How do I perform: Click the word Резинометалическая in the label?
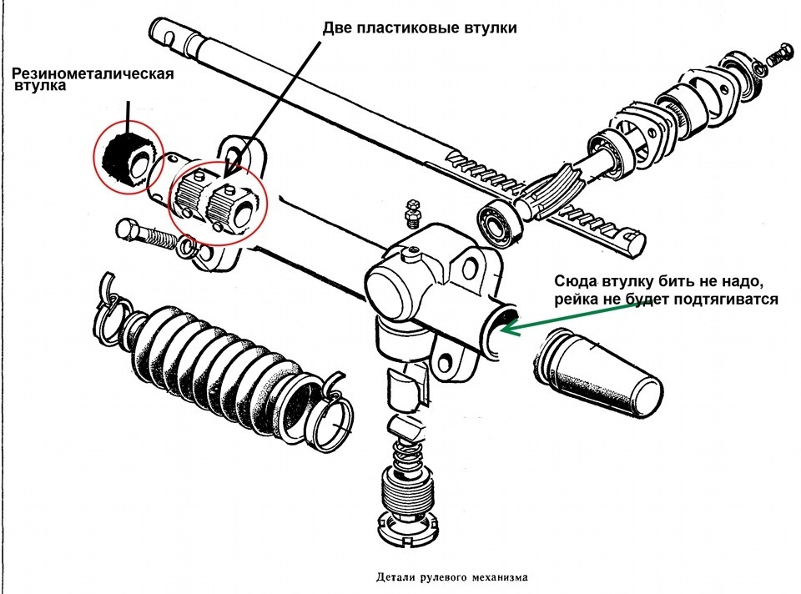pyautogui.click(x=93, y=73)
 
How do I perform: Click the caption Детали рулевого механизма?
pyautogui.click(x=452, y=577)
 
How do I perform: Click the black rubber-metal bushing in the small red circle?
pyautogui.click(x=127, y=158)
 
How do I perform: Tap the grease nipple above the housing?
pyautogui.click(x=411, y=214)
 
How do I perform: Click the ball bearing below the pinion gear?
pyautogui.click(x=499, y=223)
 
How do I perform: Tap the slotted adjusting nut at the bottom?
pyautogui.click(x=408, y=526)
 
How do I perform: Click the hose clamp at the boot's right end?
pyautogui.click(x=331, y=419)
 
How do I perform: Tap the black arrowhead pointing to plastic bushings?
pyautogui.click(x=233, y=165)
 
